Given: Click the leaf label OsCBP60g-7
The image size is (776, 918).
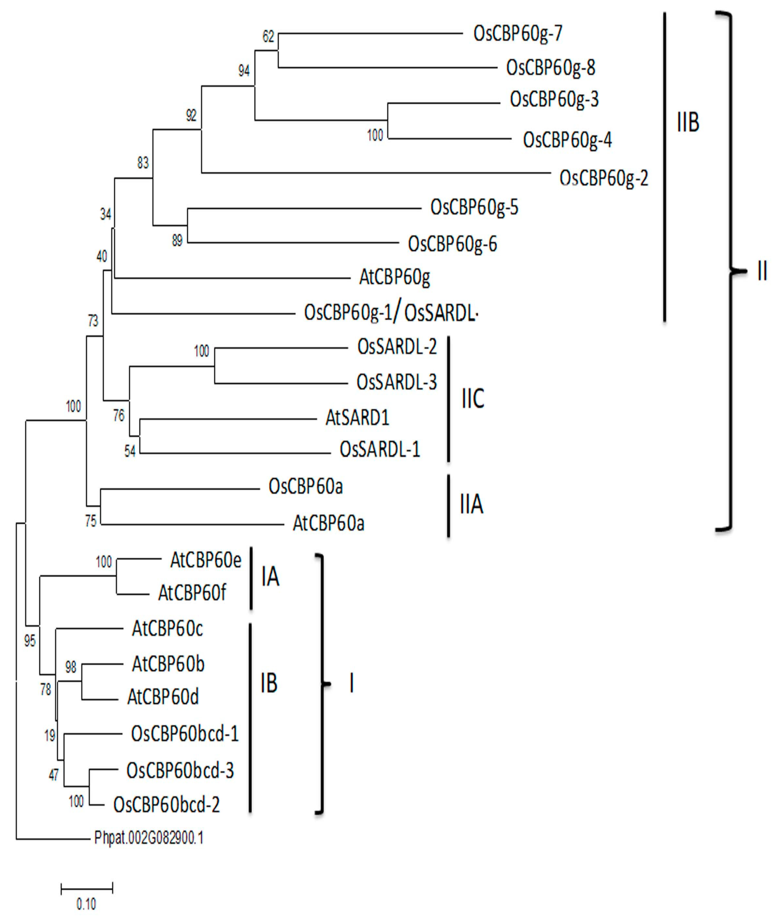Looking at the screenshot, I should (518, 33).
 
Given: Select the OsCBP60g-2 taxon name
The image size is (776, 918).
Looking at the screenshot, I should (604, 178).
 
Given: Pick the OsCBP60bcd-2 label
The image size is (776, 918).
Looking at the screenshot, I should (166, 804).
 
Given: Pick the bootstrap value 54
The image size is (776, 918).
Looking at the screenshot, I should (130, 451).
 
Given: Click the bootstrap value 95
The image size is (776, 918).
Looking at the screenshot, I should (30, 641).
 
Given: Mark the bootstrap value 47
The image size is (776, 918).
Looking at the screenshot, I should (53, 775).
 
